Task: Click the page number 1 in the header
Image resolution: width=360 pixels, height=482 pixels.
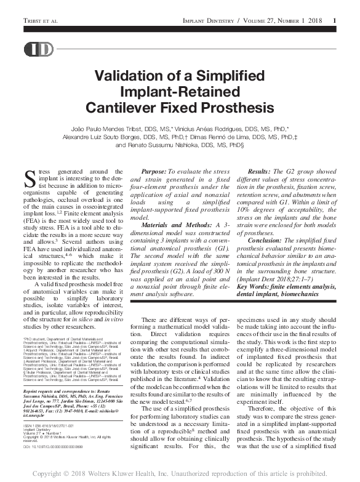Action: (334, 21)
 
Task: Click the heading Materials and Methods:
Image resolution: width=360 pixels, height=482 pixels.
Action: (175, 226)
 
